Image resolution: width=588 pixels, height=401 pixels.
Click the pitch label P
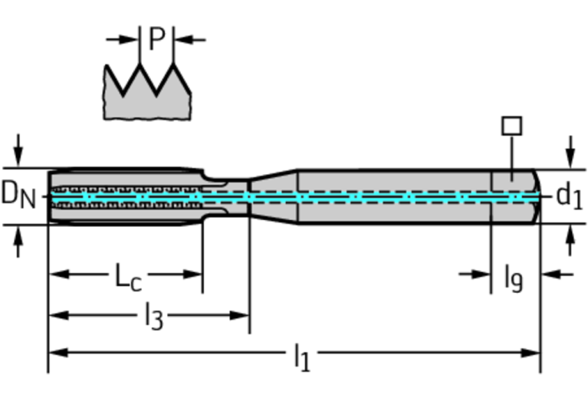point(156,38)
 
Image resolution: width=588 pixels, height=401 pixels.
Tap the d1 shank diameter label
point(568,196)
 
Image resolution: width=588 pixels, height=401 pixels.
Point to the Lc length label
point(128,276)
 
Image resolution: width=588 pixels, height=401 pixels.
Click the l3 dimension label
point(153,315)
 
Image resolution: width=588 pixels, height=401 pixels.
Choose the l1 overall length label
point(302,355)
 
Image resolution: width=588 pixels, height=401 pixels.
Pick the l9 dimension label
point(513,277)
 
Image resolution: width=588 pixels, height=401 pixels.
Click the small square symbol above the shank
point(511,126)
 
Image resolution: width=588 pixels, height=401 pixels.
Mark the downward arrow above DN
point(19,149)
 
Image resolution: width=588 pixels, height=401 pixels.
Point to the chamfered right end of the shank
point(537,196)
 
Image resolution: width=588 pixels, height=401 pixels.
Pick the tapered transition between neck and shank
point(273,196)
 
